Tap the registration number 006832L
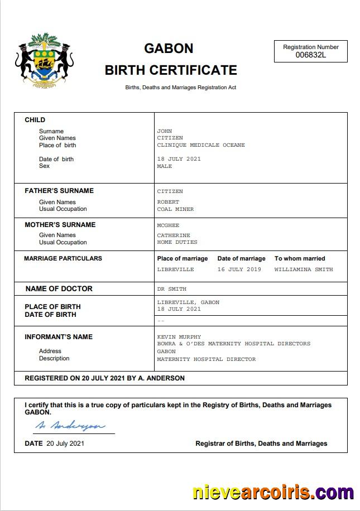[310, 55]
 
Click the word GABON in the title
[169, 49]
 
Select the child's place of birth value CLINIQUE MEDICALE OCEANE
[201, 145]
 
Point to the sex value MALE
[165, 166]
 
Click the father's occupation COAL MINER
[175, 209]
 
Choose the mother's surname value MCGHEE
[168, 225]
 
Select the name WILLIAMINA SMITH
[303, 269]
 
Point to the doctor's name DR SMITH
[171, 289]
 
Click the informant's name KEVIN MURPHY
[179, 337]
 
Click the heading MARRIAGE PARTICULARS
[63, 258]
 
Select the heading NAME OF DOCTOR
[59, 288]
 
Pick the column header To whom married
[299, 258]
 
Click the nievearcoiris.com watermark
[273, 493]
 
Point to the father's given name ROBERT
[168, 202]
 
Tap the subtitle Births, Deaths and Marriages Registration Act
[180, 88]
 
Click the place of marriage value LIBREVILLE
[175, 269]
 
